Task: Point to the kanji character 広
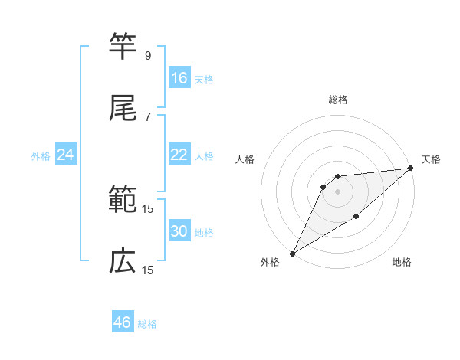[123, 261]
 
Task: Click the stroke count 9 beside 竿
[147, 55]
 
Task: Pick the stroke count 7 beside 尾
[147, 116]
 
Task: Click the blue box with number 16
[179, 77]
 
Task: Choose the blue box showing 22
[179, 155]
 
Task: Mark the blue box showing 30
[179, 231]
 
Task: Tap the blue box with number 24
[66, 155]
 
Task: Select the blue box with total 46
[123, 322]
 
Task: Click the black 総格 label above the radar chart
[338, 100]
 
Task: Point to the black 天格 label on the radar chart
[431, 159]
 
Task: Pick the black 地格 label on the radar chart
[402, 263]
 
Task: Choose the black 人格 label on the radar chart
[245, 159]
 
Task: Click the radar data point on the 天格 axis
[410, 168]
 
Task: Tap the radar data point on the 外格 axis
[292, 254]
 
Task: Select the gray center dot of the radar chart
[337, 191]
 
